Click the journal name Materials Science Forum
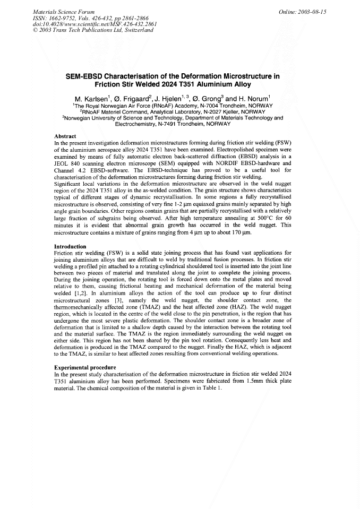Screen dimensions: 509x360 pos(64,11)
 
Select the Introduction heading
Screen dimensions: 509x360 pos(71,246)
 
